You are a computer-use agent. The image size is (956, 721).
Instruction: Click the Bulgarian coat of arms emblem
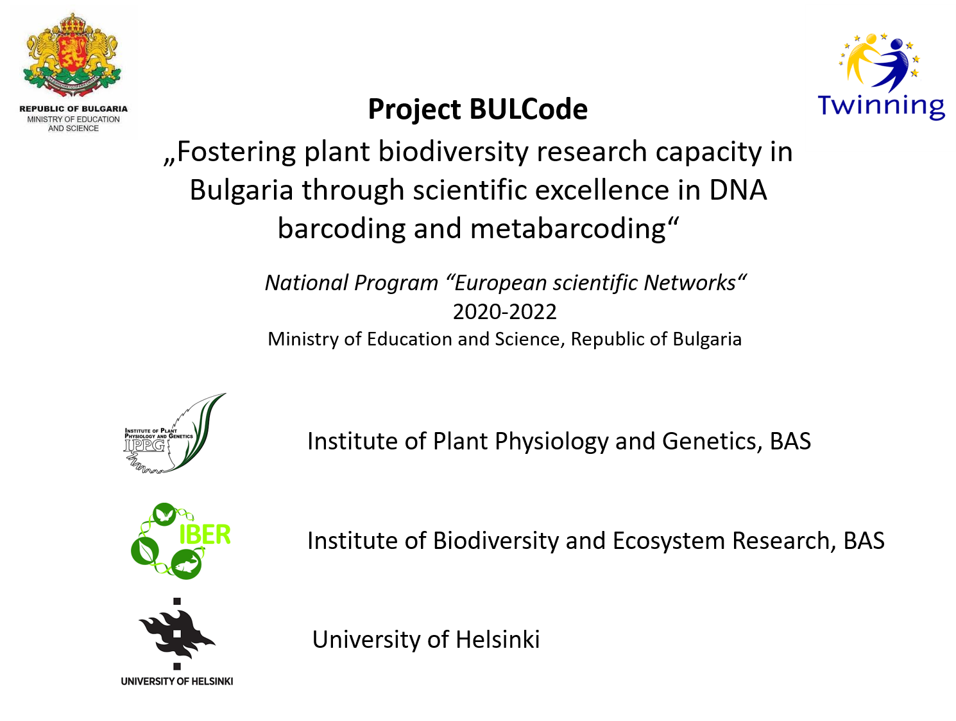click(73, 55)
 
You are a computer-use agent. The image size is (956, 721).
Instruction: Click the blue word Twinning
click(881, 107)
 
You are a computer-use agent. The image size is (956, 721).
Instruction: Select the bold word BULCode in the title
click(528, 109)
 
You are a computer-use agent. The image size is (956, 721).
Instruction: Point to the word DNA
click(738, 190)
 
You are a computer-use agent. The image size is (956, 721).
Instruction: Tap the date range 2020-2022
click(504, 311)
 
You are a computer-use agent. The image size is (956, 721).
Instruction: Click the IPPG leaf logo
click(175, 433)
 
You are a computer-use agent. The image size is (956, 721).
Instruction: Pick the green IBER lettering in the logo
click(205, 535)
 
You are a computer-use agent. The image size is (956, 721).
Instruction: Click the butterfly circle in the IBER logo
click(164, 515)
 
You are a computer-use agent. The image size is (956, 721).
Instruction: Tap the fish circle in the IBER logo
click(186, 565)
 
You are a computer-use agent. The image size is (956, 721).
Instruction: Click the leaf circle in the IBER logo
click(144, 551)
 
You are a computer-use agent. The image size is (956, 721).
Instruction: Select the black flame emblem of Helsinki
click(177, 634)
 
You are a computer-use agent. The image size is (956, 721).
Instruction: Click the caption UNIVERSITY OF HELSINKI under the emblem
click(177, 681)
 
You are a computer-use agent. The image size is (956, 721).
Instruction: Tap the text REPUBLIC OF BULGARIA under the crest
click(73, 109)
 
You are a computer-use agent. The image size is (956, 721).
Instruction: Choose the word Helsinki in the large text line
click(498, 639)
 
